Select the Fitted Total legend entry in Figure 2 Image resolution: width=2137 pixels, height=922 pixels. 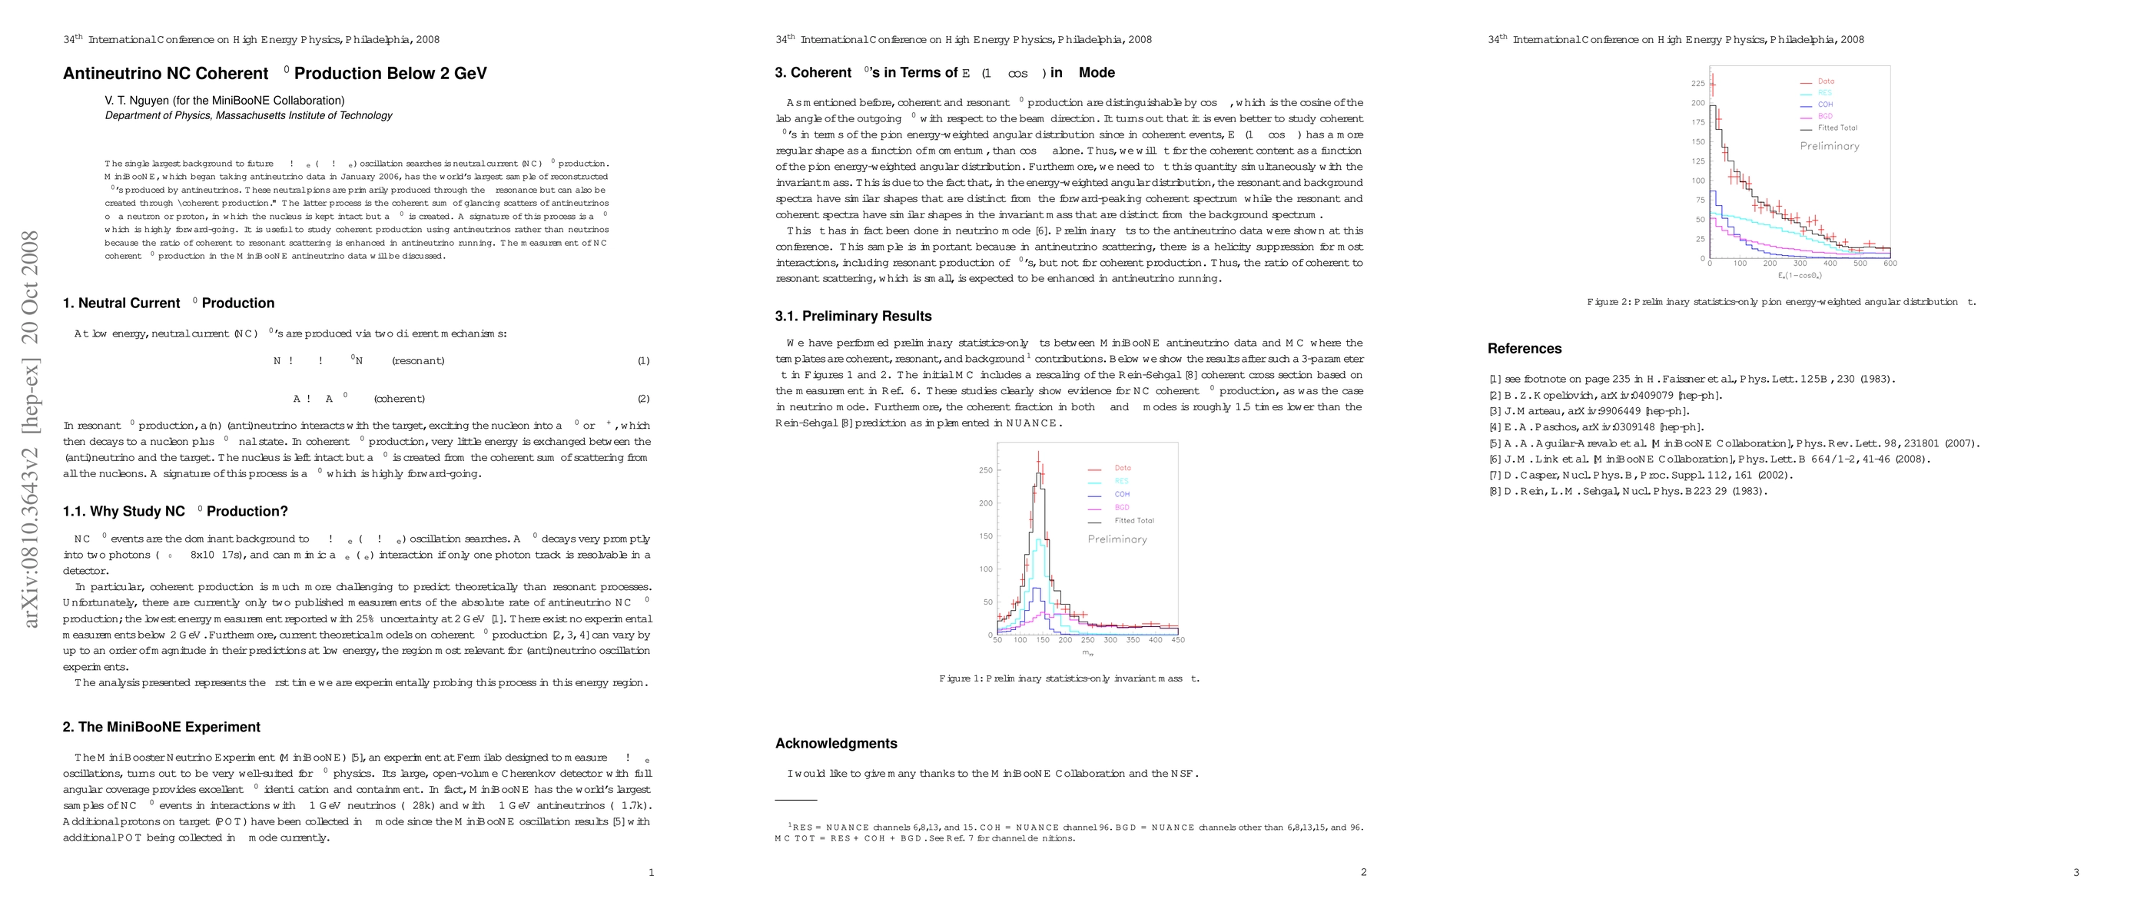click(1837, 128)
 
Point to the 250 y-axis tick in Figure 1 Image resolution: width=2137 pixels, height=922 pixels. click(986, 470)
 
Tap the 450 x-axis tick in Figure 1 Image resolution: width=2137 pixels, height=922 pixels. click(1178, 640)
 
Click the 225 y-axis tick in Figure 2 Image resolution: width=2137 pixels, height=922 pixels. click(1698, 84)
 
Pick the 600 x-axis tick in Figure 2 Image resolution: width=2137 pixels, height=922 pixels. click(1890, 264)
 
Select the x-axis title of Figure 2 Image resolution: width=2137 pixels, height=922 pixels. click(1800, 275)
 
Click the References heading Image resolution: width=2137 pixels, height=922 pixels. click(1524, 349)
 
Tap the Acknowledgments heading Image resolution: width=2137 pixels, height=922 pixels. click(835, 744)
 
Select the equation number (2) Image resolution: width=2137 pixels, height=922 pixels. click(643, 399)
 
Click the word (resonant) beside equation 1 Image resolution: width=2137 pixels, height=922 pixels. click(418, 360)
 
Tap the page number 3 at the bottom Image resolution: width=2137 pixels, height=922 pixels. click(2076, 872)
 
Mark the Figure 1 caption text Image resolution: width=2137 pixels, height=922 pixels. click(1068, 678)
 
